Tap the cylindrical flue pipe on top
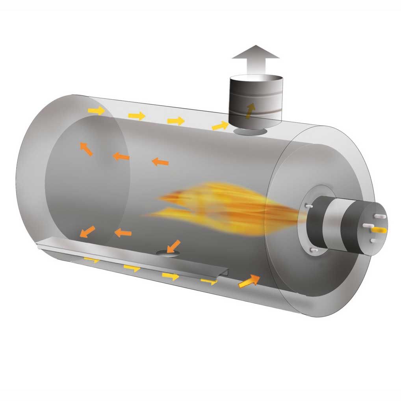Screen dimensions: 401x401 click(x=256, y=98)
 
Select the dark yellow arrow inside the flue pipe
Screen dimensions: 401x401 click(x=250, y=110)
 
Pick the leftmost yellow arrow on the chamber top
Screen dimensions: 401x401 click(x=97, y=111)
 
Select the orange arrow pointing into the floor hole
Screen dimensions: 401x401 click(x=173, y=246)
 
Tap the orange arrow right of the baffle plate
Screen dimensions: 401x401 click(x=249, y=280)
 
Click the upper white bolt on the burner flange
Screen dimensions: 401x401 click(x=309, y=206)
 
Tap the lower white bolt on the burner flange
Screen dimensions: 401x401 click(x=314, y=250)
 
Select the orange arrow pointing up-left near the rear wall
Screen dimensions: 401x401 click(x=86, y=149)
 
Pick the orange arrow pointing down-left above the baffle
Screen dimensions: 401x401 click(x=87, y=231)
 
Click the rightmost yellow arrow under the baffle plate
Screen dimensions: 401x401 click(x=209, y=281)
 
